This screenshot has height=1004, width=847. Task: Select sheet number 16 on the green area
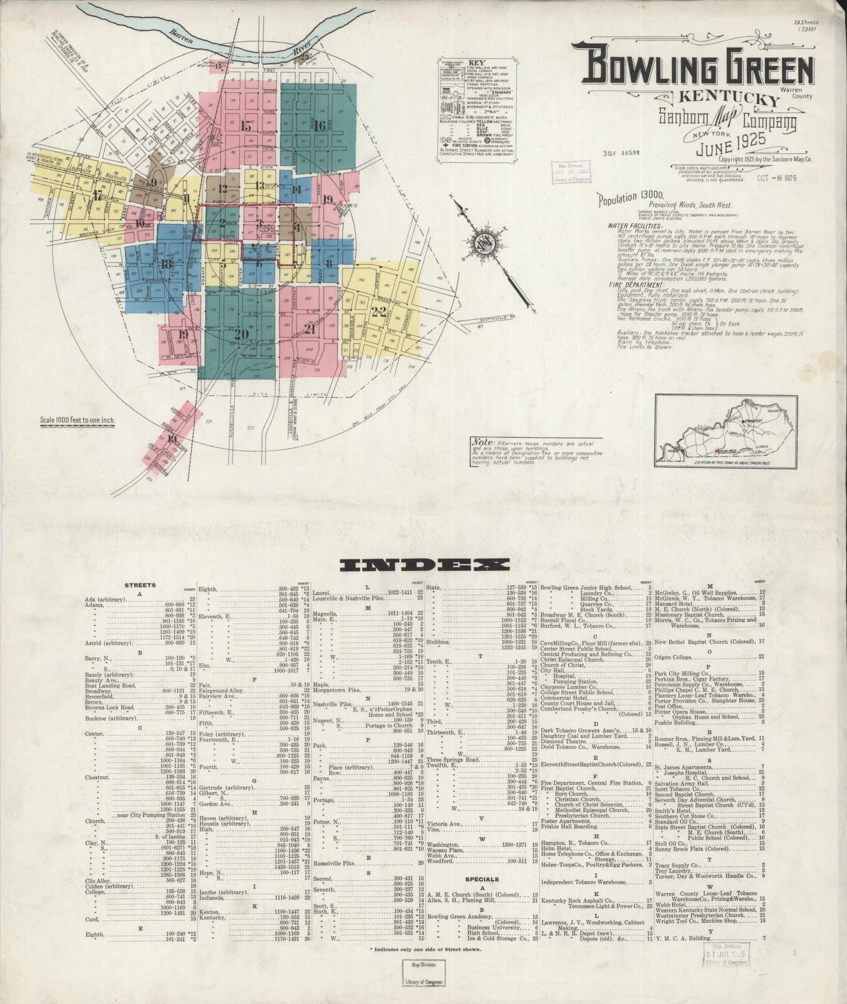point(319,125)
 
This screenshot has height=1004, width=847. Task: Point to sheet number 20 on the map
point(241,334)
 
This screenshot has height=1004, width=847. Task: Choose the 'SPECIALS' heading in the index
point(482,879)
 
